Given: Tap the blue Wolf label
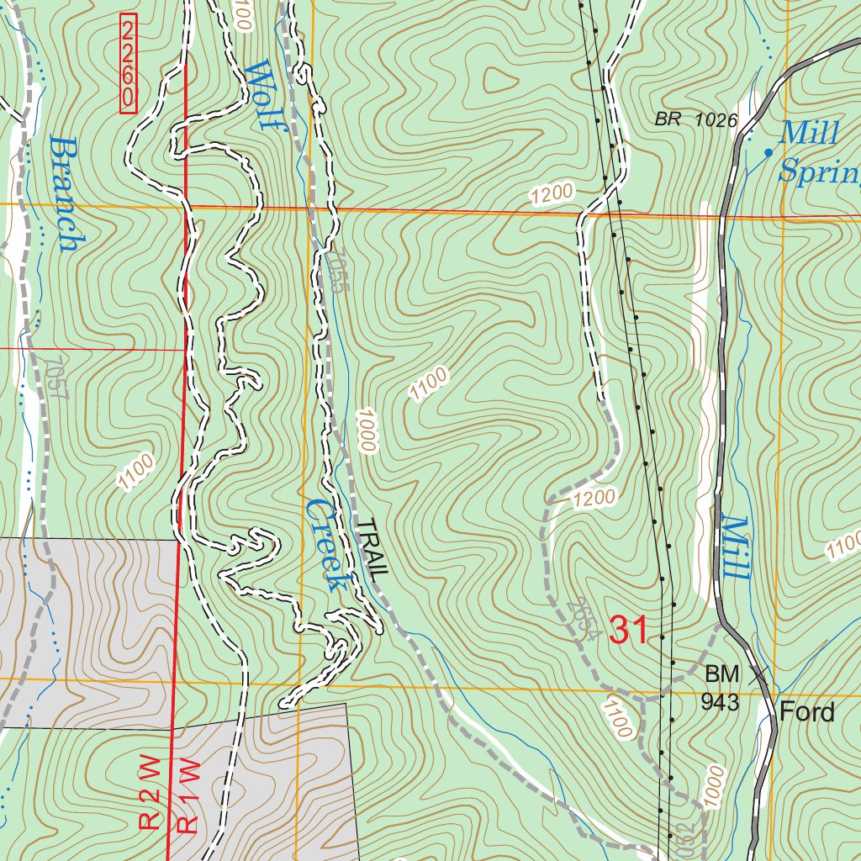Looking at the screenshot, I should pyautogui.click(x=267, y=94).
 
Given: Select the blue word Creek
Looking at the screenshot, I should pyautogui.click(x=326, y=545).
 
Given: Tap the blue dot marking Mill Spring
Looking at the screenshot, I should pyautogui.click(x=768, y=152).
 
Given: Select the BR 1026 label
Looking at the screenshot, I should pyautogui.click(x=695, y=121).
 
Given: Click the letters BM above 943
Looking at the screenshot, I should pyautogui.click(x=721, y=674).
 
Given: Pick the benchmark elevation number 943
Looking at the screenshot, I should pyautogui.click(x=721, y=701).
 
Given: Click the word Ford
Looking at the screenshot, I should pyautogui.click(x=807, y=713).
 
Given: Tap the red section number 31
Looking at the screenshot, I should pyautogui.click(x=629, y=630).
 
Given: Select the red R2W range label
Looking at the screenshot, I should pyautogui.click(x=151, y=792).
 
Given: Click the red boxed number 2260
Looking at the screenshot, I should pyautogui.click(x=128, y=64).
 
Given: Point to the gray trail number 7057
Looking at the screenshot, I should pyautogui.click(x=56, y=380).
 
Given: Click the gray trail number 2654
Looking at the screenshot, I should pyautogui.click(x=582, y=619).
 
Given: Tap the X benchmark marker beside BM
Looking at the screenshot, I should pyautogui.click(x=758, y=673).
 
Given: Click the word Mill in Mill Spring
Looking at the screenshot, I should pyautogui.click(x=809, y=132).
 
